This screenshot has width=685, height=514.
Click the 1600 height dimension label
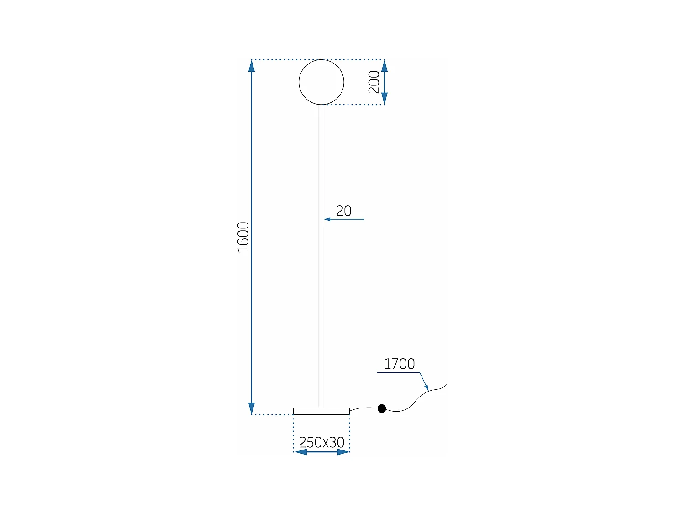[243, 237]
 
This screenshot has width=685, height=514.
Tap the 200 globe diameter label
[374, 82]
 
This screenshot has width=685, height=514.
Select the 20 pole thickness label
[344, 211]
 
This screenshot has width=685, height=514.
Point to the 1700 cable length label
[399, 364]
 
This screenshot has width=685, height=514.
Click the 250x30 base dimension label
[321, 442]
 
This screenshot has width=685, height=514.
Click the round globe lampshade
[321, 82]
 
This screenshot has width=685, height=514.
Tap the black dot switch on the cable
[382, 408]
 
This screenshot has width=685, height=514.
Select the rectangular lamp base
[321, 411]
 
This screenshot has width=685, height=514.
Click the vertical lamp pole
[321, 256]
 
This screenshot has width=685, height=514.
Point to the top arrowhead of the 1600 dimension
[252, 66]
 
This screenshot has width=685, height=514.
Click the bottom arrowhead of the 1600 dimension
[252, 408]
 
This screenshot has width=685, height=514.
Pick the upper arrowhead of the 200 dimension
[385, 66]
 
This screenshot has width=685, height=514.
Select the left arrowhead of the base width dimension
[300, 452]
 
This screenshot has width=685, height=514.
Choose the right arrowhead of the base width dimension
[343, 452]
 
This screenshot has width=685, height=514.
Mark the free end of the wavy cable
[446, 384]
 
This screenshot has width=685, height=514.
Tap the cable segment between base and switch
[364, 408]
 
